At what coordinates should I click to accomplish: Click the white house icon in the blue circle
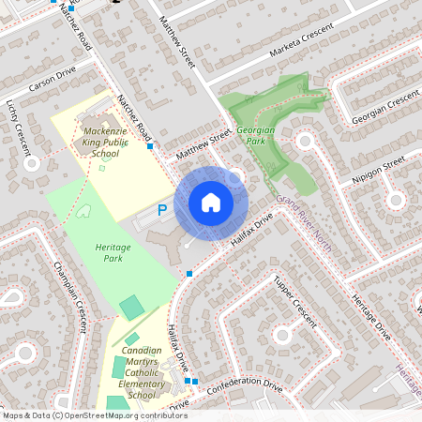tap(211, 203)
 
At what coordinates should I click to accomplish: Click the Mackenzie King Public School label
tap(101, 142)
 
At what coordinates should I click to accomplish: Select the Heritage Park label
tap(113, 250)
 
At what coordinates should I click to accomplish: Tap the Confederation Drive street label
tap(245, 385)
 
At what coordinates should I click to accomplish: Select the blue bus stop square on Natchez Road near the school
tap(150, 146)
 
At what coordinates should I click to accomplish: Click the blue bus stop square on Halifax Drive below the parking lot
tap(189, 274)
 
